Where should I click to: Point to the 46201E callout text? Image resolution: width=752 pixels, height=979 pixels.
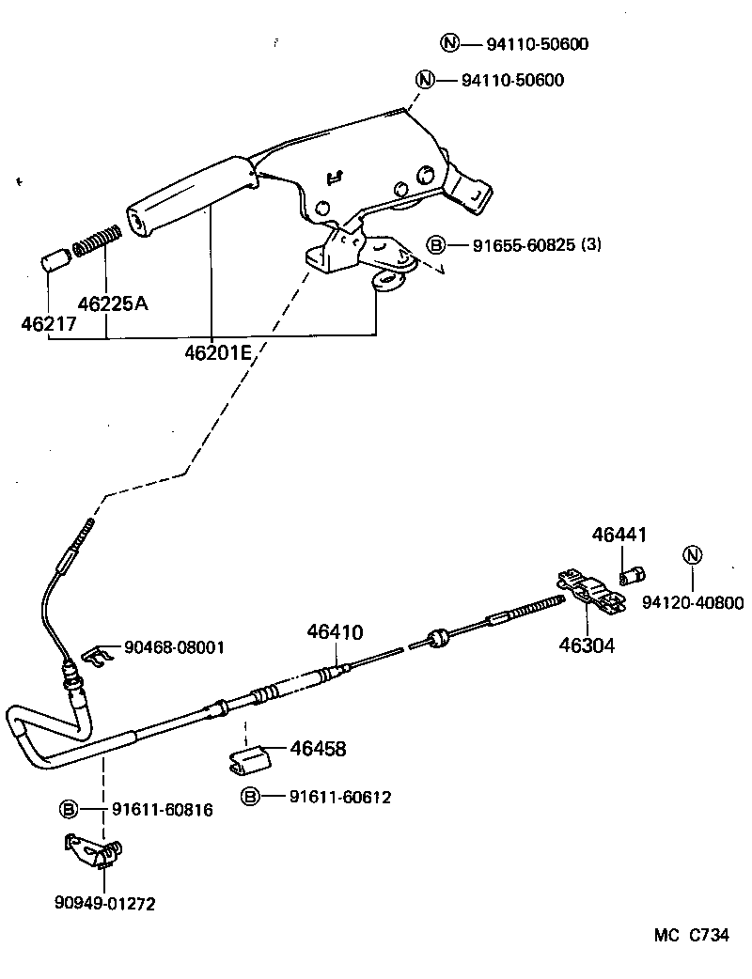(x=217, y=353)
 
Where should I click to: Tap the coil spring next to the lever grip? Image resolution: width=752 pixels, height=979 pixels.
(x=97, y=241)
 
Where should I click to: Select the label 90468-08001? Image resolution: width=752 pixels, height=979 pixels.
(x=174, y=647)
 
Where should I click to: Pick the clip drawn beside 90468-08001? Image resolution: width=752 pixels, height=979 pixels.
(x=96, y=653)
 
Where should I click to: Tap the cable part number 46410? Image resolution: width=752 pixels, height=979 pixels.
(x=334, y=632)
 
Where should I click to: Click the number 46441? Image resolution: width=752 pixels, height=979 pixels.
(x=619, y=536)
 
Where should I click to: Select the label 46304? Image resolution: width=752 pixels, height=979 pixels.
(x=587, y=645)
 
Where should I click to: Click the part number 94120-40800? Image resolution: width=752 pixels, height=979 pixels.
(x=693, y=603)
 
